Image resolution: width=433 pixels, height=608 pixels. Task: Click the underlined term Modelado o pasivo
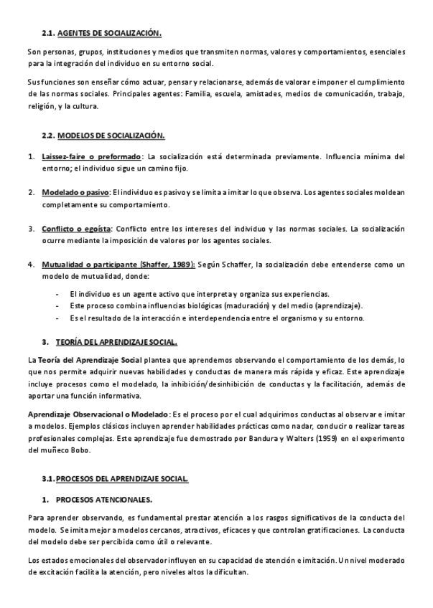(75, 192)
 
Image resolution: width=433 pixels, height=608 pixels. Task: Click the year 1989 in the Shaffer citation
(180, 265)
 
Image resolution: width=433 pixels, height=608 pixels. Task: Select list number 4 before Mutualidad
(31, 265)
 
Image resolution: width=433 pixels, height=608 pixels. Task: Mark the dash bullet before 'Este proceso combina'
(57, 306)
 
